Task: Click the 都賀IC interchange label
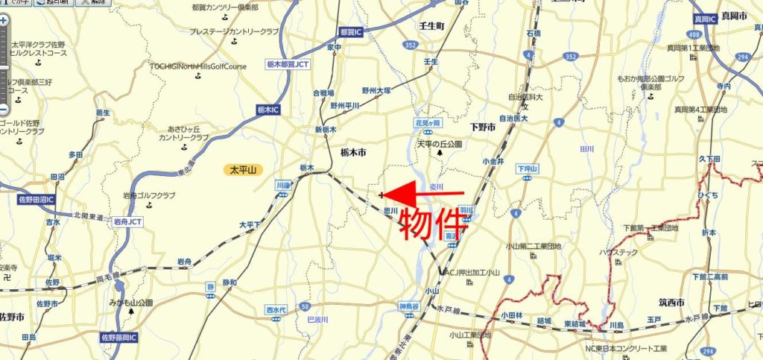coord(349,33)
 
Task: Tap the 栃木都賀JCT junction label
coord(288,65)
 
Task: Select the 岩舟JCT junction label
coord(128,221)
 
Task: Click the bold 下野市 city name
coord(483,127)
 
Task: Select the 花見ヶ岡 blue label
coord(428,122)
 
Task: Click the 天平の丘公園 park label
coord(440,143)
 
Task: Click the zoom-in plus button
coord(4,21)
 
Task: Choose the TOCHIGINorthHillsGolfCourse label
coord(197,66)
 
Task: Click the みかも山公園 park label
coord(129,303)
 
